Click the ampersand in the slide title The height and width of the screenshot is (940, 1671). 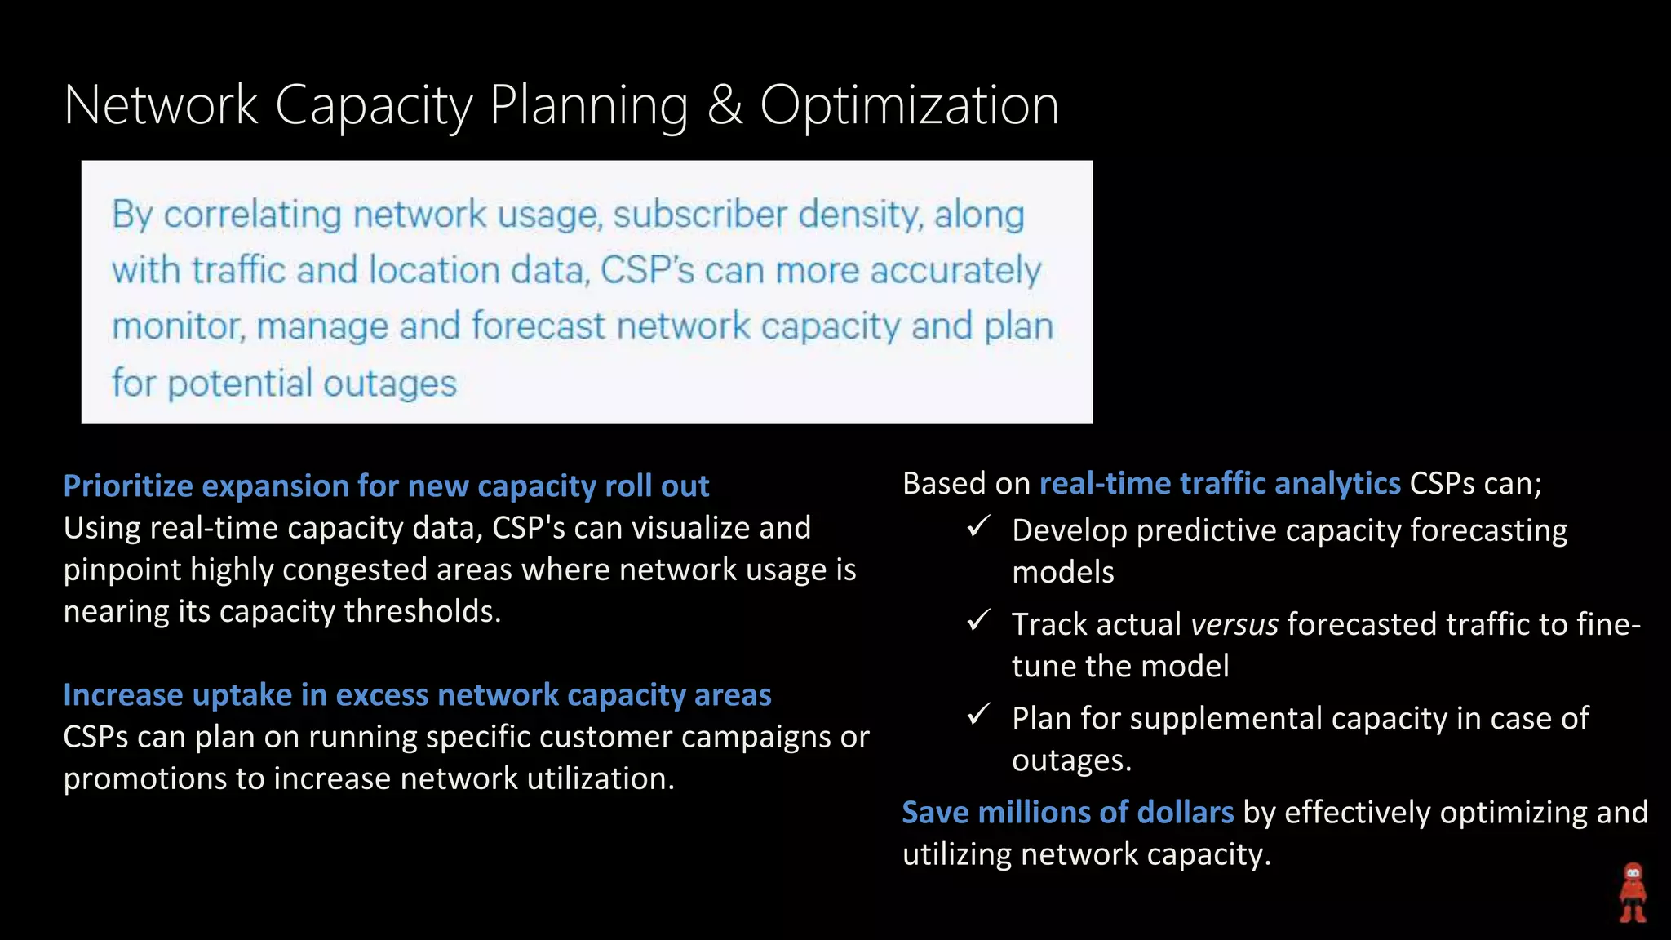(x=725, y=106)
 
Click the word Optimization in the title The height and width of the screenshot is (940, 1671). (x=909, y=106)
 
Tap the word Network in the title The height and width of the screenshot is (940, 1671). (x=161, y=106)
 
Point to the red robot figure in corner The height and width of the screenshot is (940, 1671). (x=1633, y=893)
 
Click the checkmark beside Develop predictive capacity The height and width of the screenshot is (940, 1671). (x=979, y=526)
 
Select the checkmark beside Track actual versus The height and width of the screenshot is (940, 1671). (x=979, y=621)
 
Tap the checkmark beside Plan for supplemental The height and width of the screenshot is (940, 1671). (x=979, y=715)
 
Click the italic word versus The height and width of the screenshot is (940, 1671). (x=1234, y=625)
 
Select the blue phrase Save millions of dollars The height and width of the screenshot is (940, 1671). (x=1067, y=813)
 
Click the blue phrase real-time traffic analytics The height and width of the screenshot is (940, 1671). (x=1220, y=484)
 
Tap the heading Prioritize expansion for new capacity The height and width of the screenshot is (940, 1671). (x=386, y=486)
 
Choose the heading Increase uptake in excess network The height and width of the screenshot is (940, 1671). (x=417, y=695)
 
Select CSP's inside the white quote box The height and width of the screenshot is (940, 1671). (x=647, y=271)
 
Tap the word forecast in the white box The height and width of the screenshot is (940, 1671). (x=539, y=326)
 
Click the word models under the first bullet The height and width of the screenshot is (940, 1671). (x=1062, y=572)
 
